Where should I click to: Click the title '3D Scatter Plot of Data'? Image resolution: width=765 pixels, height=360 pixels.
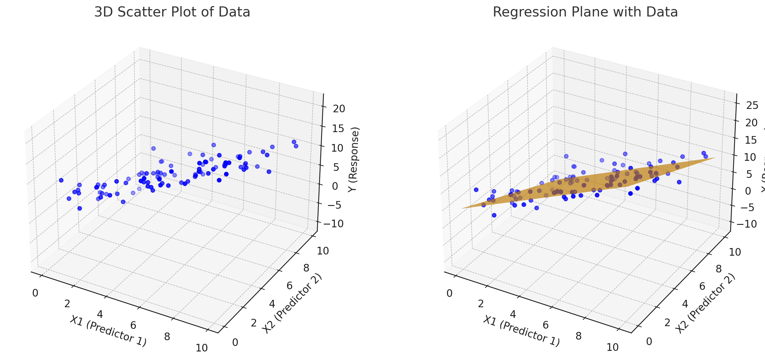pyautogui.click(x=172, y=12)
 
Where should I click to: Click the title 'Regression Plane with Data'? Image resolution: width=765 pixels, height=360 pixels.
pyautogui.click(x=585, y=12)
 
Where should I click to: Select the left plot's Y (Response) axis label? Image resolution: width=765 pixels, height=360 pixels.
pyautogui.click(x=354, y=159)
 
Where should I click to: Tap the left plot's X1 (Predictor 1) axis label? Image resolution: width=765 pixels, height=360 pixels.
pyautogui.click(x=108, y=331)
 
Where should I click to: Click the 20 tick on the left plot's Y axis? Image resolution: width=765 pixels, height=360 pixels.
pyautogui.click(x=339, y=109)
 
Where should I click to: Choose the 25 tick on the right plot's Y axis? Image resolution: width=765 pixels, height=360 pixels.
pyautogui.click(x=752, y=106)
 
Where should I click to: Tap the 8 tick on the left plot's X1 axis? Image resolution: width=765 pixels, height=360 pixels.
pyautogui.click(x=167, y=337)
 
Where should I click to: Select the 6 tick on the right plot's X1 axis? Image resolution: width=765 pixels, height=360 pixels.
pyautogui.click(x=546, y=325)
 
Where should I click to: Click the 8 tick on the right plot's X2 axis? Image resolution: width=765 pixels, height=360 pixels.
pyautogui.click(x=718, y=269)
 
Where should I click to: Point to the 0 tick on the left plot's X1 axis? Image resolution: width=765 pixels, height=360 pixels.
pyautogui.click(x=35, y=293)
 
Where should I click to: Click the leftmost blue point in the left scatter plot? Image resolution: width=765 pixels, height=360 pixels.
pyautogui.click(x=61, y=180)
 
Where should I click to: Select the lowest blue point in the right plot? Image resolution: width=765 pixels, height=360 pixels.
pyautogui.click(x=494, y=215)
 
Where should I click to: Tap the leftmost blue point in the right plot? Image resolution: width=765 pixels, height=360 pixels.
pyautogui.click(x=476, y=190)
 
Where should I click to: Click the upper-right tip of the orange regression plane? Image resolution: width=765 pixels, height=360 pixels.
pyautogui.click(x=716, y=158)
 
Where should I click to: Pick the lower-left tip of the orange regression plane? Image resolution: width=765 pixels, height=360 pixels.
pyautogui.click(x=462, y=208)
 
